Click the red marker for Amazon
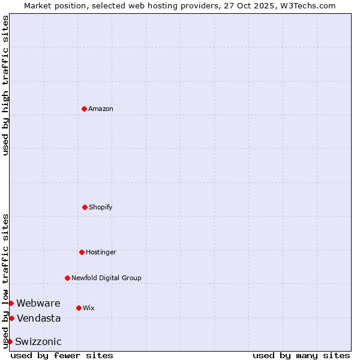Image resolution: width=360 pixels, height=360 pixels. tap(84, 109)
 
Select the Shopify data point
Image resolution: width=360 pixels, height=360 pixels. tap(85, 207)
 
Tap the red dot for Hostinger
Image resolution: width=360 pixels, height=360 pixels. tap(82, 252)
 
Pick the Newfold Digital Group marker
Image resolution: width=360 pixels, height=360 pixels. tap(67, 278)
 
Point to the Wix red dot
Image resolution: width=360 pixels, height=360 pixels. tap(79, 308)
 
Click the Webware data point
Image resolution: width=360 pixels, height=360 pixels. tap(11, 303)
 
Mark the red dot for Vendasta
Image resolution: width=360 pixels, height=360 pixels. tap(11, 318)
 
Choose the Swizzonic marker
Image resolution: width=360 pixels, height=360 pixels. tap(10, 341)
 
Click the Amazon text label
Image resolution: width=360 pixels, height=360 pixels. tap(101, 109)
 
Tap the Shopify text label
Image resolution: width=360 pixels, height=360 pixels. tap(101, 207)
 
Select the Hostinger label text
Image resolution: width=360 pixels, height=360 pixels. tap(101, 252)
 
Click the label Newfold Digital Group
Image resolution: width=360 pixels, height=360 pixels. tap(106, 278)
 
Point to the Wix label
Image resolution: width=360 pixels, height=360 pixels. tap(89, 308)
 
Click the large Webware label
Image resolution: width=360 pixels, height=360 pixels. tap(38, 303)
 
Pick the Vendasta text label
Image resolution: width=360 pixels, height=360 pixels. tap(39, 318)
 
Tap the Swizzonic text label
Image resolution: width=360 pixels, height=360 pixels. tap(38, 341)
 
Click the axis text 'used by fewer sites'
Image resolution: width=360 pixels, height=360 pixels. tap(62, 355)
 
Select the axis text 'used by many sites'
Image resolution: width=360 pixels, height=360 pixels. tap(301, 355)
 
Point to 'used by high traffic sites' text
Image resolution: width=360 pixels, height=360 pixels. tap(5, 85)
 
